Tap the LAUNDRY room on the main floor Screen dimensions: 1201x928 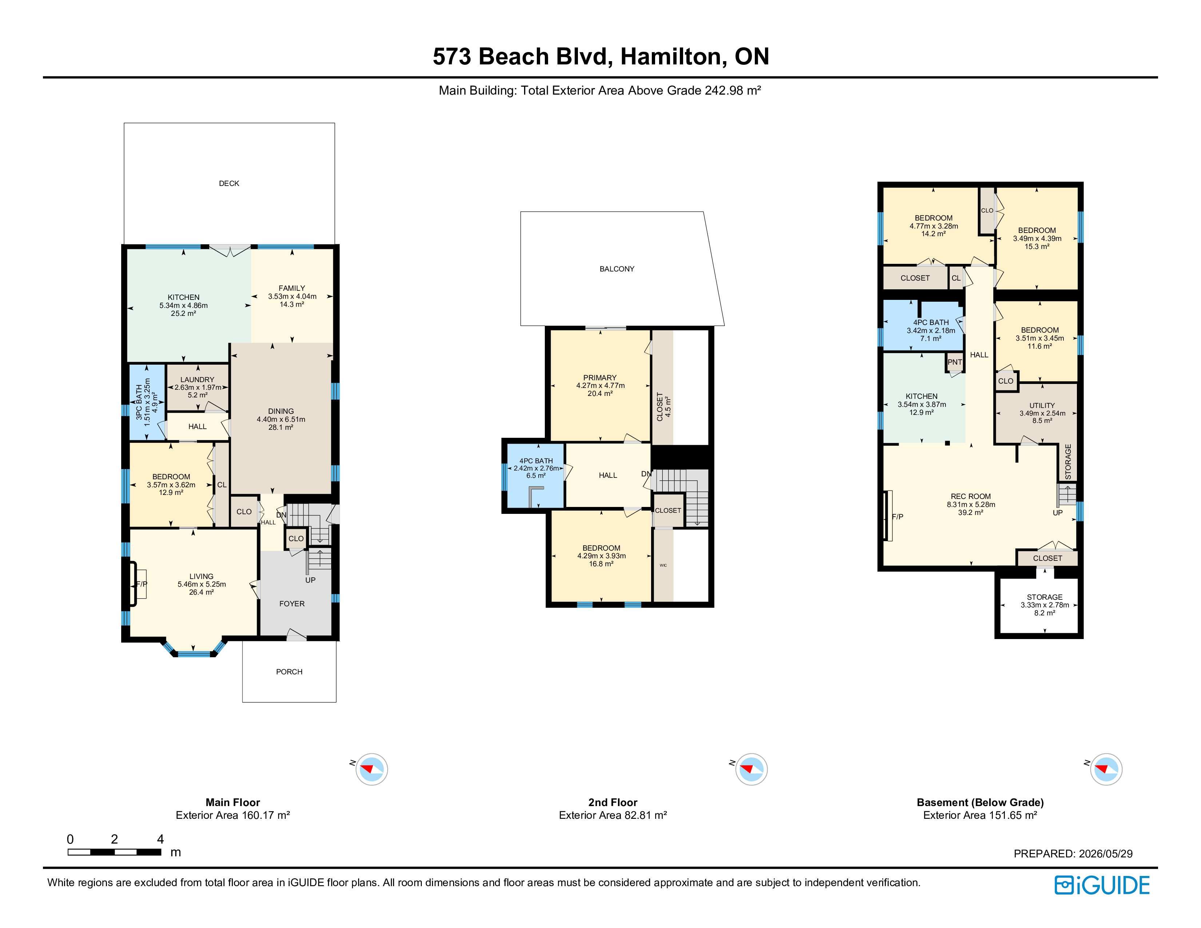pos(197,387)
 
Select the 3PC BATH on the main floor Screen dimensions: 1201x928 pos(147,402)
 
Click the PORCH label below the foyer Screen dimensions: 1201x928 pos(289,672)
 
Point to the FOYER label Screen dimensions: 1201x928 pos(292,604)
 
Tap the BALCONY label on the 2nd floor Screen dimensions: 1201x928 pos(617,269)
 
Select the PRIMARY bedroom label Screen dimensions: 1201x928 pos(600,378)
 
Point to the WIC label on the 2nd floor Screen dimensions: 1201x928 pos(663,565)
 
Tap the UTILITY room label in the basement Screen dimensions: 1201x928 pos(1042,405)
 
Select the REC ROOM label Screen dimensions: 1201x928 pos(971,496)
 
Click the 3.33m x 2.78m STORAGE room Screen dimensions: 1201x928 pos(1039,605)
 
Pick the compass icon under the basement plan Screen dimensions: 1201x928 pos(1106,769)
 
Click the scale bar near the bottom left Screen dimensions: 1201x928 pos(114,852)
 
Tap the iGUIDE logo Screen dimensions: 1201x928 pos(1102,885)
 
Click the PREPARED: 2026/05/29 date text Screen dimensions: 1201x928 pos(1073,854)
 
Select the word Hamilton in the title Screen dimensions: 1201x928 pos(671,57)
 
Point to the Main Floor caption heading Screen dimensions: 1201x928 pos(233,802)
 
